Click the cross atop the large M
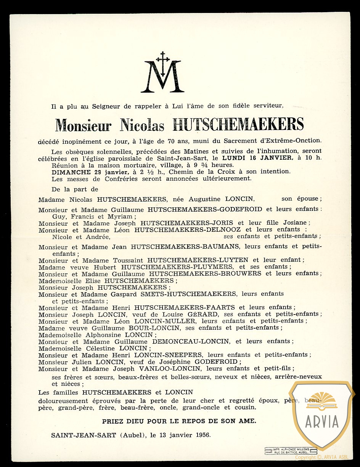(163, 59)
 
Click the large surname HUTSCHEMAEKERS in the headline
(238, 125)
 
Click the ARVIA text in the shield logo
(322, 421)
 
